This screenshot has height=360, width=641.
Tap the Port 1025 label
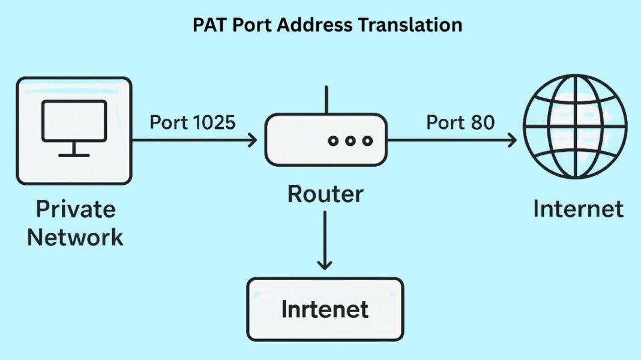pos(192,122)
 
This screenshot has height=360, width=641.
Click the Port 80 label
pos(460,122)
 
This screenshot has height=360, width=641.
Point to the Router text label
pos(325,194)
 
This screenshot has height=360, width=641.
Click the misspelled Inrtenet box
pos(325,309)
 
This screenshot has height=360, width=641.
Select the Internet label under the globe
pos(578,209)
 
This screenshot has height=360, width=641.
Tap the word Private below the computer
pos(76,209)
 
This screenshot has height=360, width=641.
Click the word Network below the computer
pos(76,237)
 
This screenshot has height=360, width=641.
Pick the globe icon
pos(575,126)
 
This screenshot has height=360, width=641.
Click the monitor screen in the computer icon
pos(74,121)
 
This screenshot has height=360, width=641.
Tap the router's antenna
pos(325,100)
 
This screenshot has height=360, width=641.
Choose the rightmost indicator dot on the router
pos(367,140)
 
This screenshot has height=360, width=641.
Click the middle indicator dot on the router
pos(351,140)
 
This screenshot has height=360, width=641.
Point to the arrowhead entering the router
pos(252,140)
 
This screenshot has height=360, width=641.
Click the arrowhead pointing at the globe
pos(511,140)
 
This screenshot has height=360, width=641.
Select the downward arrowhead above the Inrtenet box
pos(325,263)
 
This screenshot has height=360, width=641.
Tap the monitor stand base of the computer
pos(74,155)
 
